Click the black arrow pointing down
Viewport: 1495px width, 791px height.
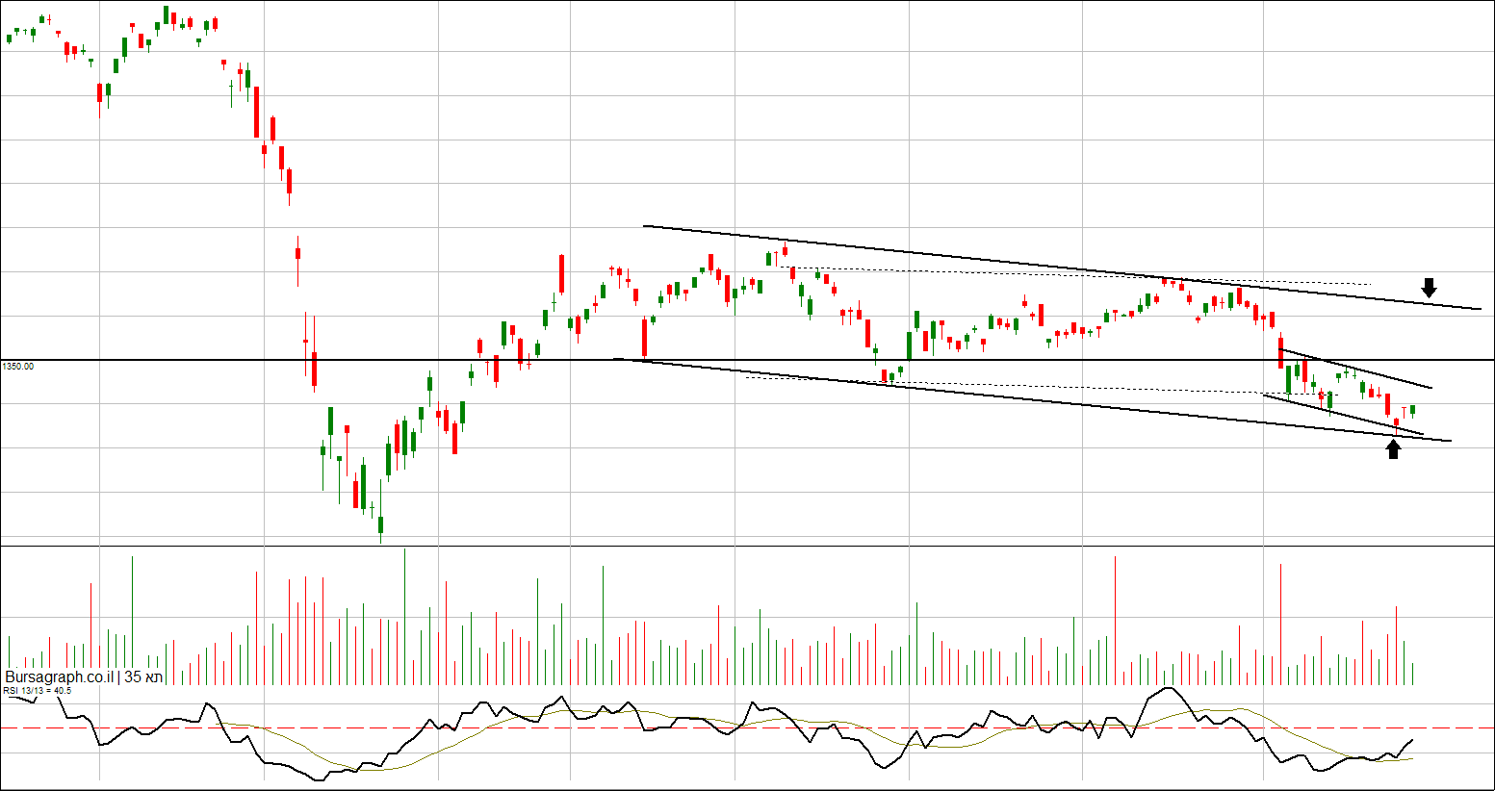1430,287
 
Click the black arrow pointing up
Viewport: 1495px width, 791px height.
1393,449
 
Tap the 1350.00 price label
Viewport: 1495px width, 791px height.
17,367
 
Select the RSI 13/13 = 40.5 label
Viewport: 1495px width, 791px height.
37,690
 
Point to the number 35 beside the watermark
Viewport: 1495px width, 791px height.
133,677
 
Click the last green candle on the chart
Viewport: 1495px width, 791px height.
1412,410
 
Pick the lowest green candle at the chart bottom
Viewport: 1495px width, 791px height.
380,524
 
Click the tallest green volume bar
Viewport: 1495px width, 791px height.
404,616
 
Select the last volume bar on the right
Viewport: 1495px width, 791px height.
1412,674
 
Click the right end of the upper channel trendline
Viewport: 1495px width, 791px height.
1480,309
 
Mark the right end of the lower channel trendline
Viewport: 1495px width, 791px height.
1449,441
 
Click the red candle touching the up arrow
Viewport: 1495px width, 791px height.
1396,421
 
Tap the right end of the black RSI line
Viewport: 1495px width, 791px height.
1412,740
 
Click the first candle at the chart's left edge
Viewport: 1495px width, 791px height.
9,38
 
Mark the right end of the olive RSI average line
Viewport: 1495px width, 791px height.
1412,758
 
